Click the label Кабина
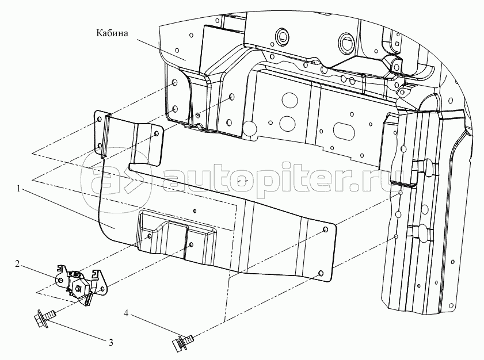[x=112, y=33]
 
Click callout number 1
[x=18, y=189]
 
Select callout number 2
[x=18, y=264]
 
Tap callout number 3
[x=110, y=342]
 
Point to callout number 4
[x=126, y=314]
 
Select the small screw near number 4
[x=182, y=342]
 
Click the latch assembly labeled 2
[x=83, y=285]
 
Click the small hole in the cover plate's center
[x=194, y=211]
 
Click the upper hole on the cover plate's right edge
[x=325, y=230]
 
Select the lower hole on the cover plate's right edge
[x=321, y=273]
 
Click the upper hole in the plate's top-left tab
[x=99, y=120]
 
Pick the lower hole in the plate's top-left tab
[x=100, y=145]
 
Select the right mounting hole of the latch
[x=102, y=289]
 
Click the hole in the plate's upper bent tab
[x=156, y=133]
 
